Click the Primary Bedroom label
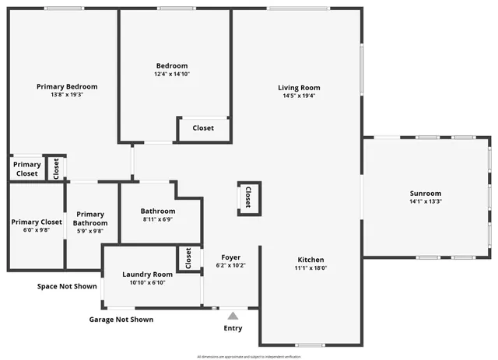[67, 86]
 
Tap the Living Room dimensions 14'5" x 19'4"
[300, 96]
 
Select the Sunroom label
[426, 194]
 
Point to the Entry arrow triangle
[232, 316]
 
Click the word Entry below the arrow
[233, 328]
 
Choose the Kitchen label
[310, 260]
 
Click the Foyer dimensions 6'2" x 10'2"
[230, 265]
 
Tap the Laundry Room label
[147, 274]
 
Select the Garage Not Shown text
[121, 320]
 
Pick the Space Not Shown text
[67, 286]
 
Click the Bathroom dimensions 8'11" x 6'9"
[158, 219]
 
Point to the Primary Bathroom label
[90, 218]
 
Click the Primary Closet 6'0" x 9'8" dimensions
[36, 230]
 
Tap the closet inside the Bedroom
[203, 128]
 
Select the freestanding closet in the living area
[248, 197]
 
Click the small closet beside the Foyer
[188, 258]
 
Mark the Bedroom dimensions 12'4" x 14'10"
[172, 74]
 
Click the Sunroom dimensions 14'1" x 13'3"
[426, 201]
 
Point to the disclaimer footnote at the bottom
[248, 356]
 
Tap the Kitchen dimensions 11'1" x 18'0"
[310, 267]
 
